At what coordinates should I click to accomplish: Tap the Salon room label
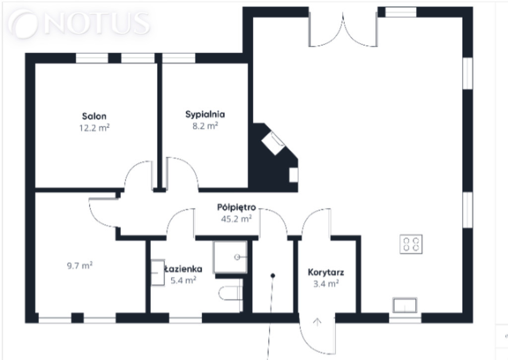tap(94, 116)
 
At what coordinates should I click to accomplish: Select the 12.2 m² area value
tap(94, 128)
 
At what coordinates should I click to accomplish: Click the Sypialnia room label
tap(205, 115)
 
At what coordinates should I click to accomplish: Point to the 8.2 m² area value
tap(205, 126)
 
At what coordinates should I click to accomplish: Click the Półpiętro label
tap(237, 207)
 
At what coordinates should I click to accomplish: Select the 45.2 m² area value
tap(236, 219)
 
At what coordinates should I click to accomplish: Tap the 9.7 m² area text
tap(80, 266)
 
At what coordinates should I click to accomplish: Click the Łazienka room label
tap(184, 269)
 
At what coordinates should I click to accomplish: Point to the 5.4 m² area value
tap(184, 280)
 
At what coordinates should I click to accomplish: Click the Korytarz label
tap(326, 272)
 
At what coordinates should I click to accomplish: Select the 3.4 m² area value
tap(326, 284)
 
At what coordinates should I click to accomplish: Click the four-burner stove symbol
tap(411, 244)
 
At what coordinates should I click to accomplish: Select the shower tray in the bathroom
tap(230, 257)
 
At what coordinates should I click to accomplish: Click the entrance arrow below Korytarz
tap(317, 322)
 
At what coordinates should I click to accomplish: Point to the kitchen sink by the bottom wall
tap(405, 305)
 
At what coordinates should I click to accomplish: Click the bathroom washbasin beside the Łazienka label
tap(158, 272)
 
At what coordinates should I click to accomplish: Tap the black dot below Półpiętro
tap(273, 276)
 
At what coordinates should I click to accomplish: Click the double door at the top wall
tap(343, 30)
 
